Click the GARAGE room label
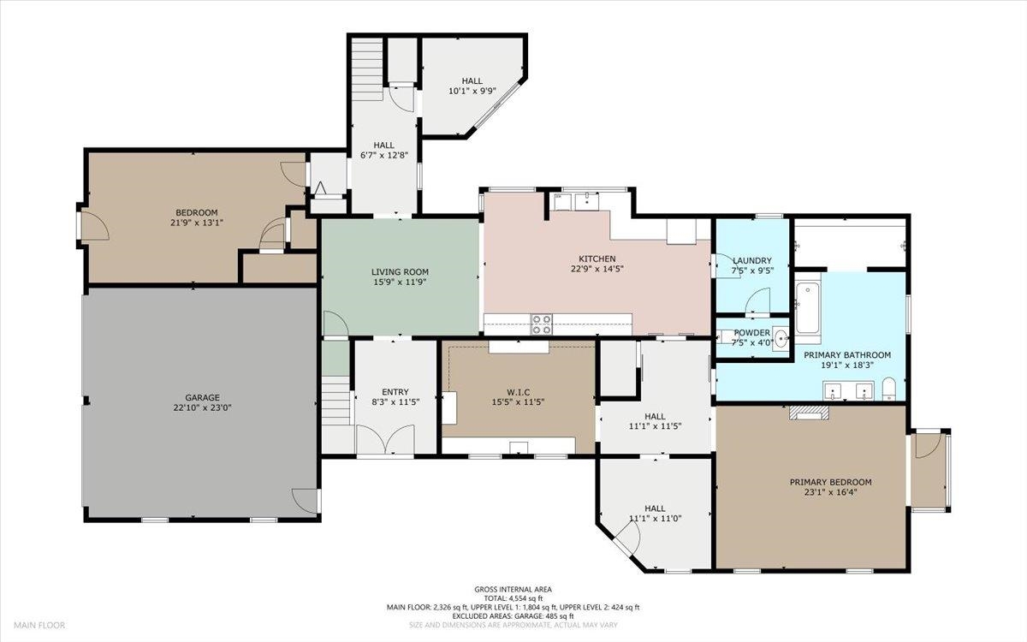point(202,397)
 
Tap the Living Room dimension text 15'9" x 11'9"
point(400,282)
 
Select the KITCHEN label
point(597,259)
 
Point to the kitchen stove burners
point(542,324)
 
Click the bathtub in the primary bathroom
point(808,309)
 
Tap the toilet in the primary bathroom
point(889,389)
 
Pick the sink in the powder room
point(781,339)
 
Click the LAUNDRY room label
point(752,260)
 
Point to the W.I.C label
point(519,393)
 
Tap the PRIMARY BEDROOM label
point(830,482)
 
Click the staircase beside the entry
point(335,401)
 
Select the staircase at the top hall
point(367,68)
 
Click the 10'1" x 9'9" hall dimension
point(472,91)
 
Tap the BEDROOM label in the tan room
point(197,213)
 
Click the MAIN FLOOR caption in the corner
point(39,625)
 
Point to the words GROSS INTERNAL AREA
point(513,590)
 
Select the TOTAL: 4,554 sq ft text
point(513,598)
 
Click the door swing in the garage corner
point(304,501)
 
